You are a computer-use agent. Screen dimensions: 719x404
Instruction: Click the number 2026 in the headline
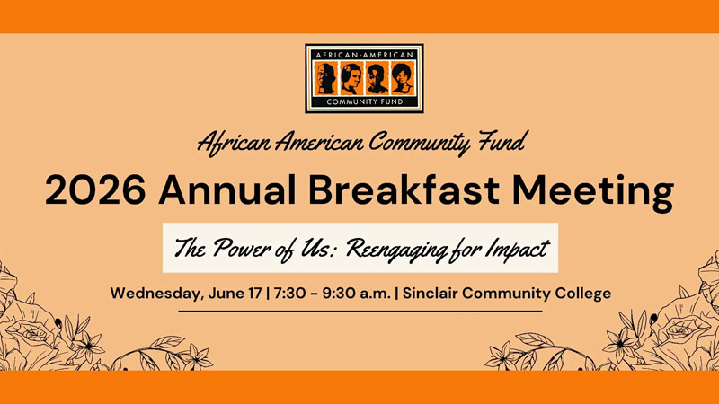click(x=95, y=190)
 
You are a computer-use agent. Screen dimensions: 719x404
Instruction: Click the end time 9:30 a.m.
click(x=356, y=294)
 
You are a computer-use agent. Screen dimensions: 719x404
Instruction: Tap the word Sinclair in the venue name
click(x=431, y=294)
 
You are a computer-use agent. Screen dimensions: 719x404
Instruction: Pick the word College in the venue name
click(x=583, y=294)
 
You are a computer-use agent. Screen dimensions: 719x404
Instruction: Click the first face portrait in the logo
click(x=325, y=79)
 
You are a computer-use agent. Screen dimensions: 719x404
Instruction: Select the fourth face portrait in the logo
click(x=403, y=79)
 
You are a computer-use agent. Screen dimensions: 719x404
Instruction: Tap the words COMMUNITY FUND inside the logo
click(x=365, y=101)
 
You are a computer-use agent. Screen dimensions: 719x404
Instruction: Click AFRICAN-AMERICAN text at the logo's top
click(x=365, y=55)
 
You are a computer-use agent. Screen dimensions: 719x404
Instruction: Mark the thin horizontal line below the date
click(x=360, y=312)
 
